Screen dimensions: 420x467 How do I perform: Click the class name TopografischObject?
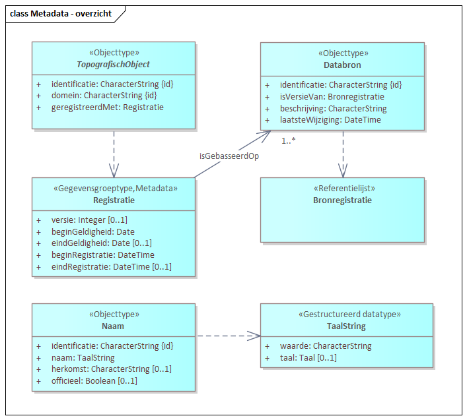click(113, 65)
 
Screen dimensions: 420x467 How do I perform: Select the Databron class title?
click(342, 65)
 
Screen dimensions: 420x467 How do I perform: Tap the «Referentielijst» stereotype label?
click(342, 188)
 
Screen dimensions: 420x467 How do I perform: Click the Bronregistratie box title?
click(342, 200)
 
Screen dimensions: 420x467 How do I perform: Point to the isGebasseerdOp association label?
click(229, 156)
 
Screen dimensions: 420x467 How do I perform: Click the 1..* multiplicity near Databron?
click(288, 140)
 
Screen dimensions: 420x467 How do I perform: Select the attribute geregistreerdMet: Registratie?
click(107, 107)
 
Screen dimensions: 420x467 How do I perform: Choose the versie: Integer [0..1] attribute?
click(89, 220)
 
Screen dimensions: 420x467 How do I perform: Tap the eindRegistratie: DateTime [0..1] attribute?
click(111, 267)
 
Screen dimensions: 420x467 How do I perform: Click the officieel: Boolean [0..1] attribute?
click(94, 381)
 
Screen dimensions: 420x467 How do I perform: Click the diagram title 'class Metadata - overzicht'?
click(61, 13)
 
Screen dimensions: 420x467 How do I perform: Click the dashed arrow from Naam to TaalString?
click(228, 336)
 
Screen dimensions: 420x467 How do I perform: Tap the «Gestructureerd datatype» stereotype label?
click(347, 314)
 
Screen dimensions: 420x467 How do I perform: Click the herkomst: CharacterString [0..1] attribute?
click(111, 369)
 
